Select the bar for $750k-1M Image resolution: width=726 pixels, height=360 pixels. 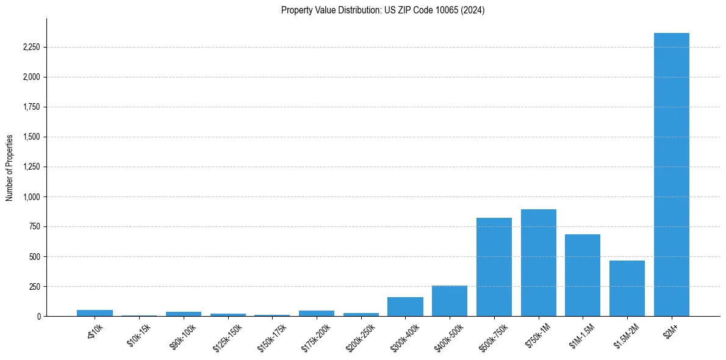[x=539, y=263]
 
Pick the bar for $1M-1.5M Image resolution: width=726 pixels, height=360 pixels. [x=583, y=275]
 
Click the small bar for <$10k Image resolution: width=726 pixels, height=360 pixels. [x=95, y=313]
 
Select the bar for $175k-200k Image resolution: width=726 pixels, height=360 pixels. [x=317, y=314]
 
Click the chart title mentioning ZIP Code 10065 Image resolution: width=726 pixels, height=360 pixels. [x=383, y=10]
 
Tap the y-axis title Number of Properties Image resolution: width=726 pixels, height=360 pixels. [x=10, y=167]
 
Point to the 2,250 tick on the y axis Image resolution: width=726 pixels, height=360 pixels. [x=30, y=48]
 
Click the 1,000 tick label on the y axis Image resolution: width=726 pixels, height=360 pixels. [x=30, y=197]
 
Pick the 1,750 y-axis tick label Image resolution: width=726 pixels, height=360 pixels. [x=30, y=107]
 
